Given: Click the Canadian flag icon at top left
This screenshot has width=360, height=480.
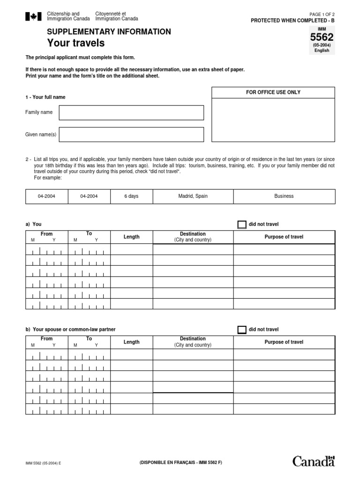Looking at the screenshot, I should click(33, 17).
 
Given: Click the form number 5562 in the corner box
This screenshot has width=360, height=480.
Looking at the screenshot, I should click(322, 37).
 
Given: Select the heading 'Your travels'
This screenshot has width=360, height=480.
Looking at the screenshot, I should click(75, 44).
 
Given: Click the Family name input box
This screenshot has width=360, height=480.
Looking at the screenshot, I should click(131, 112).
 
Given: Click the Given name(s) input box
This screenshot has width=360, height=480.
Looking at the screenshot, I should click(131, 135).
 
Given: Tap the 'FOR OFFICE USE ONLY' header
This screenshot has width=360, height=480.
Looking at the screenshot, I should click(273, 92).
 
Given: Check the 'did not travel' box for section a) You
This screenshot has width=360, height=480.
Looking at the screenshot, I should click(241, 225).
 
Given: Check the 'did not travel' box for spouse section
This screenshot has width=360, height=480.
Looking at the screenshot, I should click(241, 330).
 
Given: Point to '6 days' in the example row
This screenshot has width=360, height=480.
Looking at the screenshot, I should click(131, 196).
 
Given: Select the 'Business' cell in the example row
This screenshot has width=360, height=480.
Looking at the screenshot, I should click(284, 196).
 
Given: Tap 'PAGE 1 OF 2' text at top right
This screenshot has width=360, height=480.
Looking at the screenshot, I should click(322, 15).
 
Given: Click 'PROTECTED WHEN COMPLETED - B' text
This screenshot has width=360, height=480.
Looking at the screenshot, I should click(293, 21).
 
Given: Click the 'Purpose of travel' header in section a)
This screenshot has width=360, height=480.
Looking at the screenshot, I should click(284, 237).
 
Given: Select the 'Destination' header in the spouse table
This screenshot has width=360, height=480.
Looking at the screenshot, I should click(193, 339).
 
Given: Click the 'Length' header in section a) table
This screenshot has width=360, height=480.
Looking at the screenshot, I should click(131, 237).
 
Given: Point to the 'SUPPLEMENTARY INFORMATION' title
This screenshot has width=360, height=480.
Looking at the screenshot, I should click(109, 32).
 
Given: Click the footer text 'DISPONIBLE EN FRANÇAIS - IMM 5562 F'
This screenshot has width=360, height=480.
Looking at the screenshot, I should click(180, 463).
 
